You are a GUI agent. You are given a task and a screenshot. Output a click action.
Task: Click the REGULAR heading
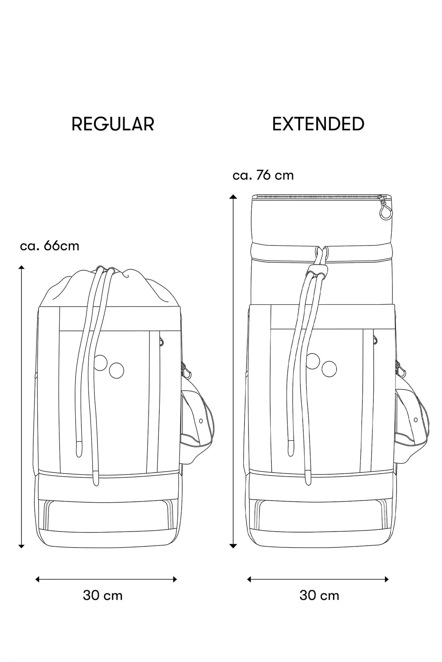click(x=113, y=124)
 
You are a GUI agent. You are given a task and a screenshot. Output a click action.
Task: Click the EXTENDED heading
click(x=318, y=124)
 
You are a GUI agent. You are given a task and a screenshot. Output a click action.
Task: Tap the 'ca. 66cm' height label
click(x=50, y=246)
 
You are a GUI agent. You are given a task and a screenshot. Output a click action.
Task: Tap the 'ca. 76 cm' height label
click(x=263, y=175)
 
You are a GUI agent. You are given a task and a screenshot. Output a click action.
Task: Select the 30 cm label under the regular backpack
click(x=103, y=595)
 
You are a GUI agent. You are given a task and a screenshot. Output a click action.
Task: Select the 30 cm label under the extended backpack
click(x=319, y=595)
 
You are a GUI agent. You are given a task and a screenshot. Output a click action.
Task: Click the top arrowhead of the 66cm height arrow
click(x=21, y=267)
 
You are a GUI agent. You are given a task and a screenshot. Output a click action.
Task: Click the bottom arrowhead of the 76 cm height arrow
click(x=233, y=546)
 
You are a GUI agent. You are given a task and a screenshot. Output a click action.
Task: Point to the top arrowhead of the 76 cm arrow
click(x=233, y=197)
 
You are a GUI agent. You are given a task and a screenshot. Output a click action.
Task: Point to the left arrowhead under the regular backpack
click(x=37, y=579)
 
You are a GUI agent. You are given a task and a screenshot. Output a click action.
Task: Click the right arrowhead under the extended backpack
click(x=386, y=579)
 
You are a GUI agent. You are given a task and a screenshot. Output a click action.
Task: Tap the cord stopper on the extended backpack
click(x=317, y=270)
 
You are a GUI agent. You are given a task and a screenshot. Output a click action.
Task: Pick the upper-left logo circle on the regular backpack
click(x=100, y=363)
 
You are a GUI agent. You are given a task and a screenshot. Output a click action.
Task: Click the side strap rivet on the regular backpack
click(x=201, y=421)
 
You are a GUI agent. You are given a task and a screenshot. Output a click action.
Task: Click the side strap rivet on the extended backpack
click(x=416, y=420)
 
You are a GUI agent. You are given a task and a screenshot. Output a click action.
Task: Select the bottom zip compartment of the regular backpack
click(x=109, y=515)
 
